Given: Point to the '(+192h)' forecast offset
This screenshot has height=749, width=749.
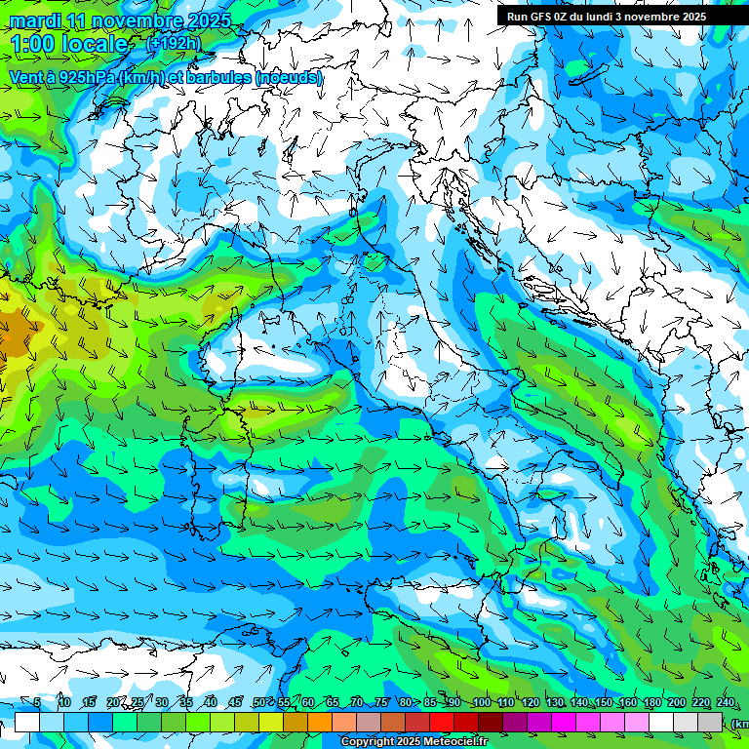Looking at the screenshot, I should tap(173, 43).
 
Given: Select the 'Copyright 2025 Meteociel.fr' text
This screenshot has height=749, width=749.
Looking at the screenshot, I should tap(414, 742).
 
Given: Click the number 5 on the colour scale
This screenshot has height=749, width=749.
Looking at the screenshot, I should tap(37, 703).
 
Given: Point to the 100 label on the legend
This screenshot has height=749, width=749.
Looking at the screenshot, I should tap(482, 703).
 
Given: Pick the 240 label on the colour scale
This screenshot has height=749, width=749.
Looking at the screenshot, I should tap(726, 703).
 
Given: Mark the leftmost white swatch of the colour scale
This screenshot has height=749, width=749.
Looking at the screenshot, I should tap(27, 722).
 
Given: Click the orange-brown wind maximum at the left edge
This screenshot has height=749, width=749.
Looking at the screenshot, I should tap(15, 336).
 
